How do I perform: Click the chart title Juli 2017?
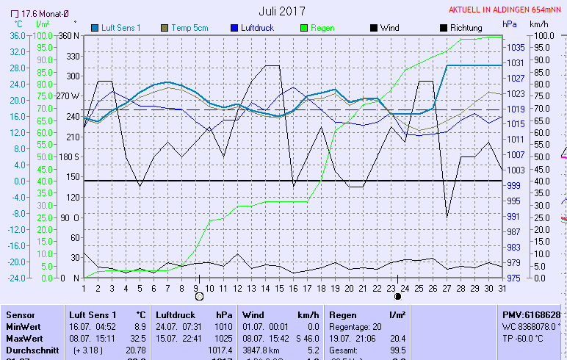[x=282, y=11]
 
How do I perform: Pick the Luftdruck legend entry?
[x=257, y=28]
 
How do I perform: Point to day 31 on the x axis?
[x=502, y=287]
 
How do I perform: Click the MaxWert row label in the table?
[x=24, y=339]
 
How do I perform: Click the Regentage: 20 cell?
[x=355, y=326]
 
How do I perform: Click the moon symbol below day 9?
[x=198, y=297]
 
